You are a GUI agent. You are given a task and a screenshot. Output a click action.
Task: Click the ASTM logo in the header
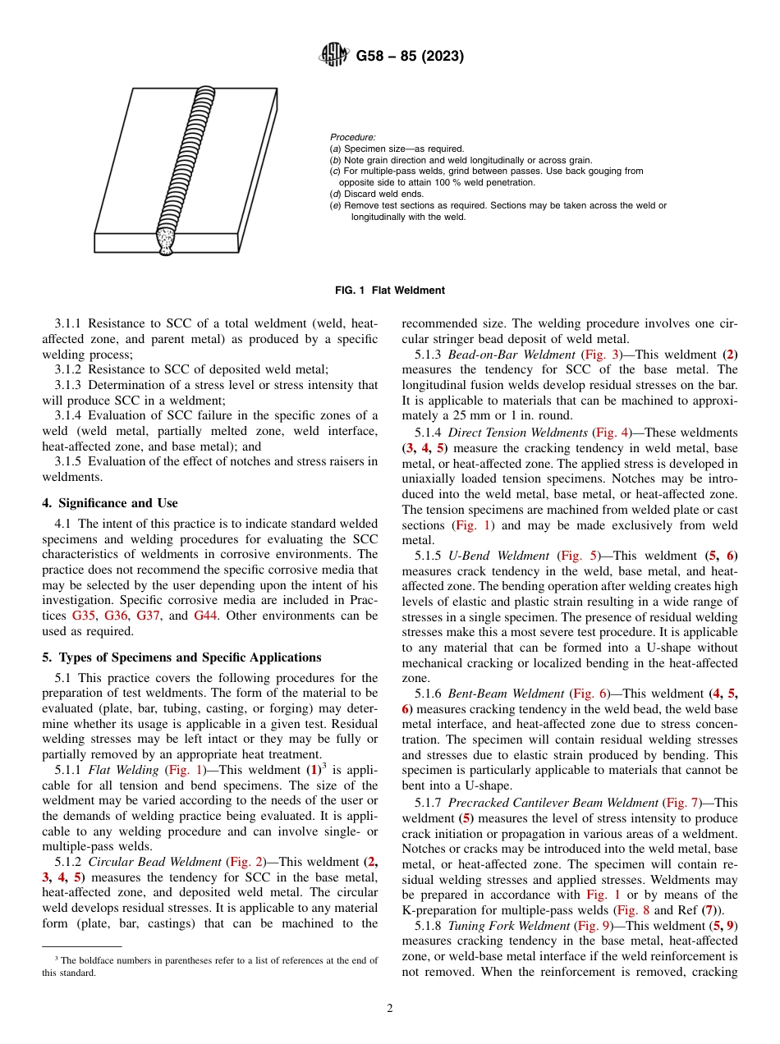(333, 57)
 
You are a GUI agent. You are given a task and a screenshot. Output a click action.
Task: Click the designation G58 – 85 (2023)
(410, 57)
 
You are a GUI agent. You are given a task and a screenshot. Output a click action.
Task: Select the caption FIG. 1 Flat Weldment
(390, 291)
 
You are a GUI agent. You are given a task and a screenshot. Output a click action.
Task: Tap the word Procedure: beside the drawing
(352, 137)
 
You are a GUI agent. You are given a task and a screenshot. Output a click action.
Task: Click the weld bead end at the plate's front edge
(167, 241)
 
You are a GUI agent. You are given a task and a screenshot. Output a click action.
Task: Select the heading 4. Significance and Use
(110, 503)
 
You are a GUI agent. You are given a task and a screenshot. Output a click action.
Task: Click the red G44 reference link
(206, 615)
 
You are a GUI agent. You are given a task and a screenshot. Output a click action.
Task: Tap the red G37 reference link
(149, 615)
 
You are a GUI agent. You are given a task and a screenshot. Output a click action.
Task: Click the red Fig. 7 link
(681, 803)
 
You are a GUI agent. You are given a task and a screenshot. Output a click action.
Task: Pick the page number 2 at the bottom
(390, 1009)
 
